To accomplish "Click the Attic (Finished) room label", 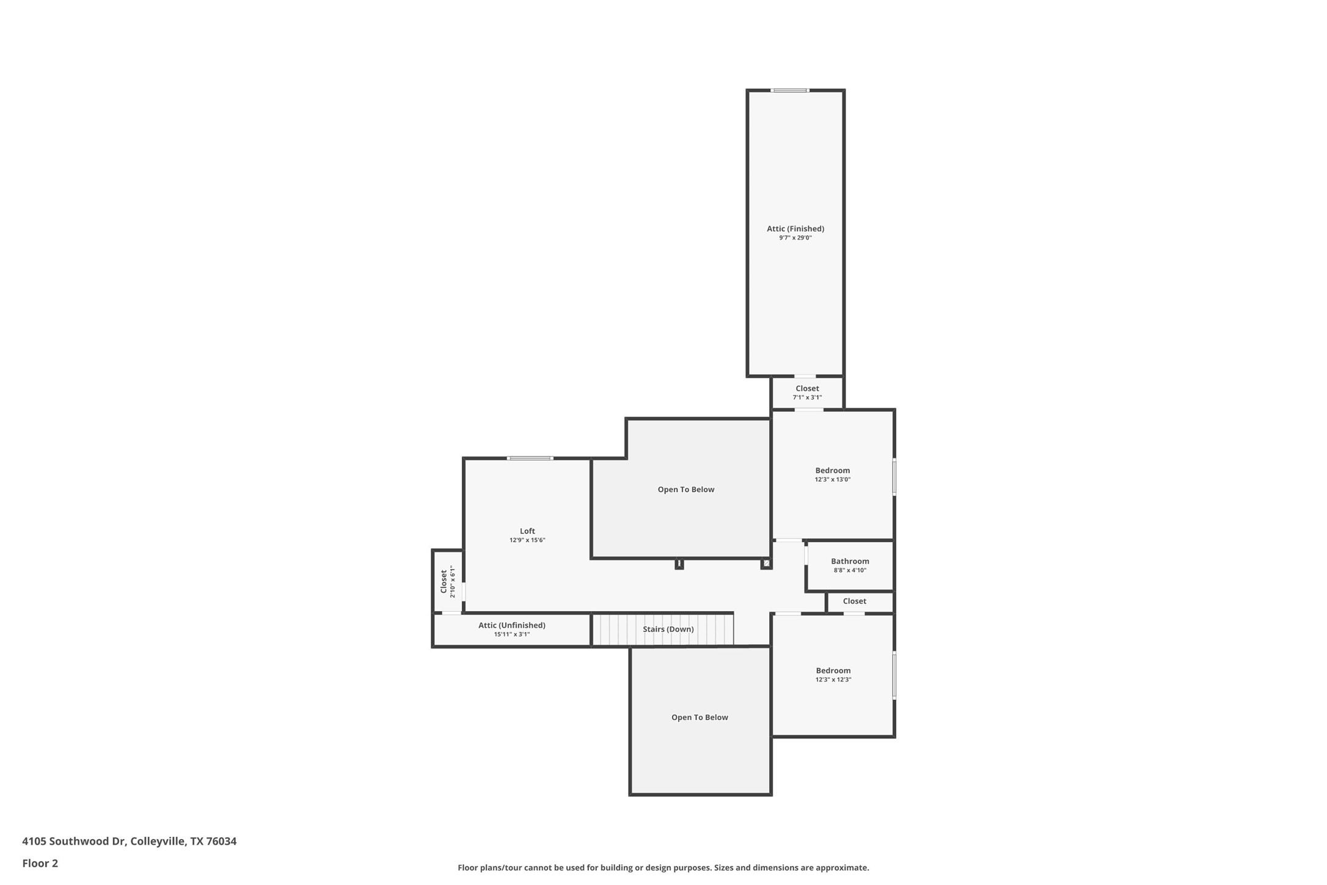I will coord(795,229).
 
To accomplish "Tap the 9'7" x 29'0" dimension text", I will coord(795,238).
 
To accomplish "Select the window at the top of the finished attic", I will coord(789,90).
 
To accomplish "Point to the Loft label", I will coord(527,531).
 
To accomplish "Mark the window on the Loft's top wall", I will coord(530,458).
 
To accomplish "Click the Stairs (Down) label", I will coord(668,629).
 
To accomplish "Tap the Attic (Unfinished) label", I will coord(511,625).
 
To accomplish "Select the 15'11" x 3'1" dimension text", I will coord(511,634).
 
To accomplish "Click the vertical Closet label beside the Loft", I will coord(444,581).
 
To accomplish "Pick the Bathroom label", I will coord(850,561).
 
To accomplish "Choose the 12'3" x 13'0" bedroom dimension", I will coord(832,480).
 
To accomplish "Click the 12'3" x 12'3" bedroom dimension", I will coord(833,680).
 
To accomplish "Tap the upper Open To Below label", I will coord(685,490).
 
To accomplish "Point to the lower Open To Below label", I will coord(700,718).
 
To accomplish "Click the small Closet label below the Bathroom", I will coord(854,601).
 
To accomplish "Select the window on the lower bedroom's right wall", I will coord(894,675).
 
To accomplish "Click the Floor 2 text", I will coord(40,864).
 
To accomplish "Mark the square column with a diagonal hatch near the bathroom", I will coord(766,564).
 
